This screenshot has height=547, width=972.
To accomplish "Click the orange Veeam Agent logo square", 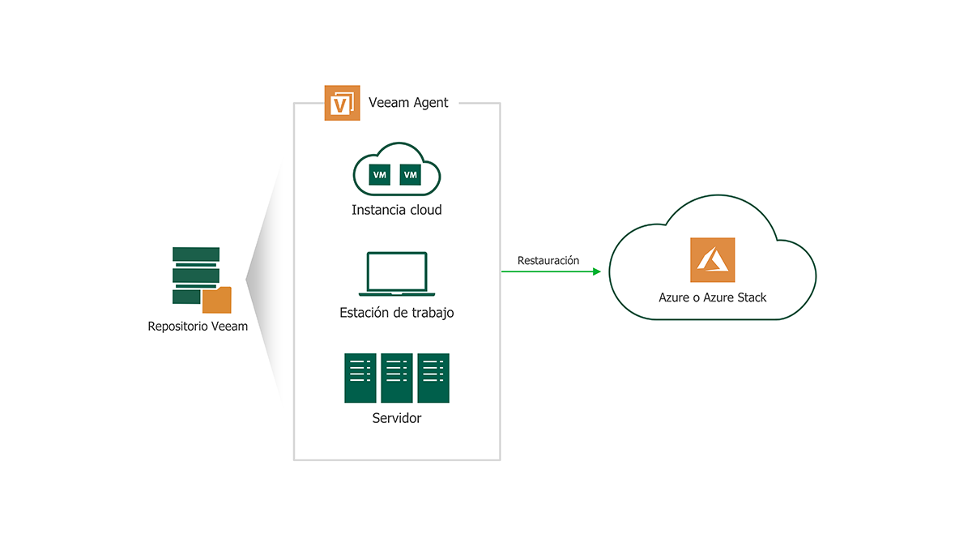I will point(343,103).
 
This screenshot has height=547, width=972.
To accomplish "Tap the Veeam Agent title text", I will point(408,103).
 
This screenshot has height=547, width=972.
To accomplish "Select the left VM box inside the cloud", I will point(379,174).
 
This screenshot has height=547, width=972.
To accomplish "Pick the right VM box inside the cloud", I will point(411,174).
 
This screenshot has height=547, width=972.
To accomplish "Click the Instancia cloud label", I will point(397,210).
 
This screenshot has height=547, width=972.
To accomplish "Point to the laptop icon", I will point(397,274).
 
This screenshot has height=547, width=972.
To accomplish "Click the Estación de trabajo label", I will point(397,313).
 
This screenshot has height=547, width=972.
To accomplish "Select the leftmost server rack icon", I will point(360,378).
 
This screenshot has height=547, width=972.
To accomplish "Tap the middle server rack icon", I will point(397,378).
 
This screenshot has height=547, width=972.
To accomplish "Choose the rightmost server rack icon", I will point(433,378).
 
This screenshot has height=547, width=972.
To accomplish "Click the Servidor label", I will point(397,419).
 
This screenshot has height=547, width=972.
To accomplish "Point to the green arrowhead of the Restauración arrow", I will point(597,271).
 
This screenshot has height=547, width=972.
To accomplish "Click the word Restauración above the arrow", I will point(548,260).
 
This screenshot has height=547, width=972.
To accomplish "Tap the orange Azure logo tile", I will point(712,259).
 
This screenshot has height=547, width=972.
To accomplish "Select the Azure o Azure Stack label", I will point(712,297).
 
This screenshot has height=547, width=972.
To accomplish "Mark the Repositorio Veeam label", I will point(198,327).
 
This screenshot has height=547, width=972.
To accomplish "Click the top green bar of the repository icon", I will point(196,254).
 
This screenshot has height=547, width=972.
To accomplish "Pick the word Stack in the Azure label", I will point(751,297).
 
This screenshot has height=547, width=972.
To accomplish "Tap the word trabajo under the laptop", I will point(433,313).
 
